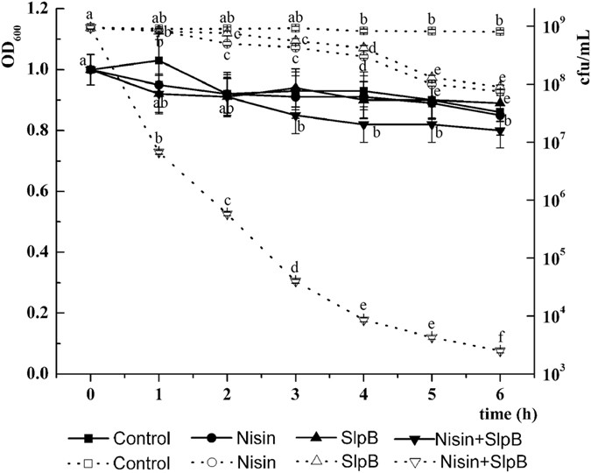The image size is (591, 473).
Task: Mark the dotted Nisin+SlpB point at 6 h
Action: point(500,350)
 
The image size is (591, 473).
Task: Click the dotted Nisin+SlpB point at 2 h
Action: point(227,214)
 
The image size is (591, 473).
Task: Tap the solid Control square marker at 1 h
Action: point(159,60)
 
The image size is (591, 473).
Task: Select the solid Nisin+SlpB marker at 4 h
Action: point(363,124)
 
